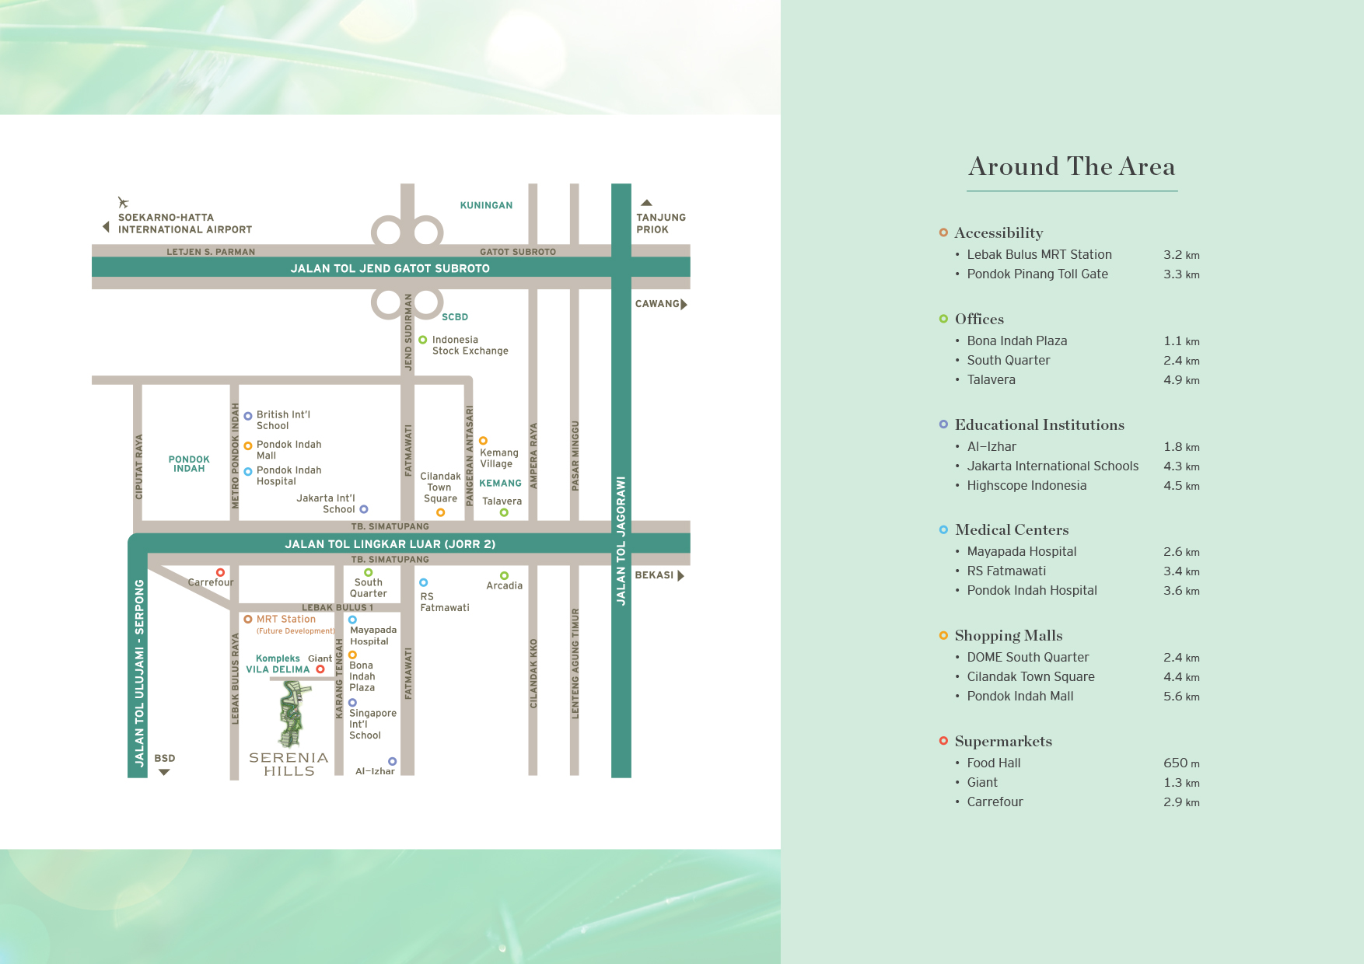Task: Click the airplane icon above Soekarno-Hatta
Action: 123,203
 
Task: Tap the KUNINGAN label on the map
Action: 486,205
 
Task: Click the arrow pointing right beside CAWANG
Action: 684,304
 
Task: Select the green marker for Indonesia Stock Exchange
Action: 423,340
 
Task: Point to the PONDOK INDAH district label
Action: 189,464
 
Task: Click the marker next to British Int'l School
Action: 248,416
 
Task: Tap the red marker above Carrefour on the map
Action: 220,572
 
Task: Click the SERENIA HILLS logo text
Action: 289,764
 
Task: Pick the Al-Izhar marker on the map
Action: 392,761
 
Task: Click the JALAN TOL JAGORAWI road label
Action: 621,540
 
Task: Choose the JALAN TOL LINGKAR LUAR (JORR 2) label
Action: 390,544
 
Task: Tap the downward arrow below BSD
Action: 164,772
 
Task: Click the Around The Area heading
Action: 1072,166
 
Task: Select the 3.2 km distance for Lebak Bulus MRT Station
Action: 1181,255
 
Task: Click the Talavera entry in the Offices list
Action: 991,380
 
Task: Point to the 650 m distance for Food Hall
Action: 1181,763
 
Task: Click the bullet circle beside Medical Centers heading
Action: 943,529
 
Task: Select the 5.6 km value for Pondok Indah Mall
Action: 1181,697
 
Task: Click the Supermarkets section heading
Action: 1003,742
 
